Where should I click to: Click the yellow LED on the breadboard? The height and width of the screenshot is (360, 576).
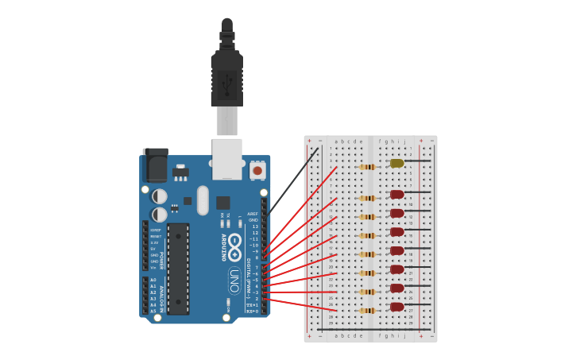pyautogui.click(x=396, y=164)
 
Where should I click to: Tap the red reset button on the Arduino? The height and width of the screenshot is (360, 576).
pyautogui.click(x=257, y=171)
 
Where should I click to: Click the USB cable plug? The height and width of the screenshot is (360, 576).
pyautogui.click(x=226, y=79)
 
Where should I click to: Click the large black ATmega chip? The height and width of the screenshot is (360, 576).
pyautogui.click(x=178, y=268)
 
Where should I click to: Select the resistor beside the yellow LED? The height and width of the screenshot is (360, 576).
pyautogui.click(x=367, y=167)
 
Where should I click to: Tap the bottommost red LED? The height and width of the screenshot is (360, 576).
pyautogui.click(x=396, y=307)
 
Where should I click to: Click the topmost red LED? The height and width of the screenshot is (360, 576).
pyautogui.click(x=396, y=194)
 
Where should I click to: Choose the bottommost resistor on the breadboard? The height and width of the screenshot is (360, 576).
pyautogui.click(x=367, y=310)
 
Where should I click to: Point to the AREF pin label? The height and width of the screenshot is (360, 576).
pyautogui.click(x=253, y=214)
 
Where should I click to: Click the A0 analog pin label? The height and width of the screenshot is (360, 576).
pyautogui.click(x=153, y=280)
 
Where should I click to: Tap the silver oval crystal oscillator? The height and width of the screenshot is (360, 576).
pyautogui.click(x=203, y=199)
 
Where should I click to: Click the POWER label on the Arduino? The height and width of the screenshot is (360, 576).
pyautogui.click(x=161, y=261)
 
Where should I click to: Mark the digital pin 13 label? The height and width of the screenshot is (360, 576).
pyautogui.click(x=255, y=226)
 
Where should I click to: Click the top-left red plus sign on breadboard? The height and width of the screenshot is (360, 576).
pyautogui.click(x=309, y=141)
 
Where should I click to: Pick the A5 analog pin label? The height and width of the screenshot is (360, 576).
pyautogui.click(x=153, y=311)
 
